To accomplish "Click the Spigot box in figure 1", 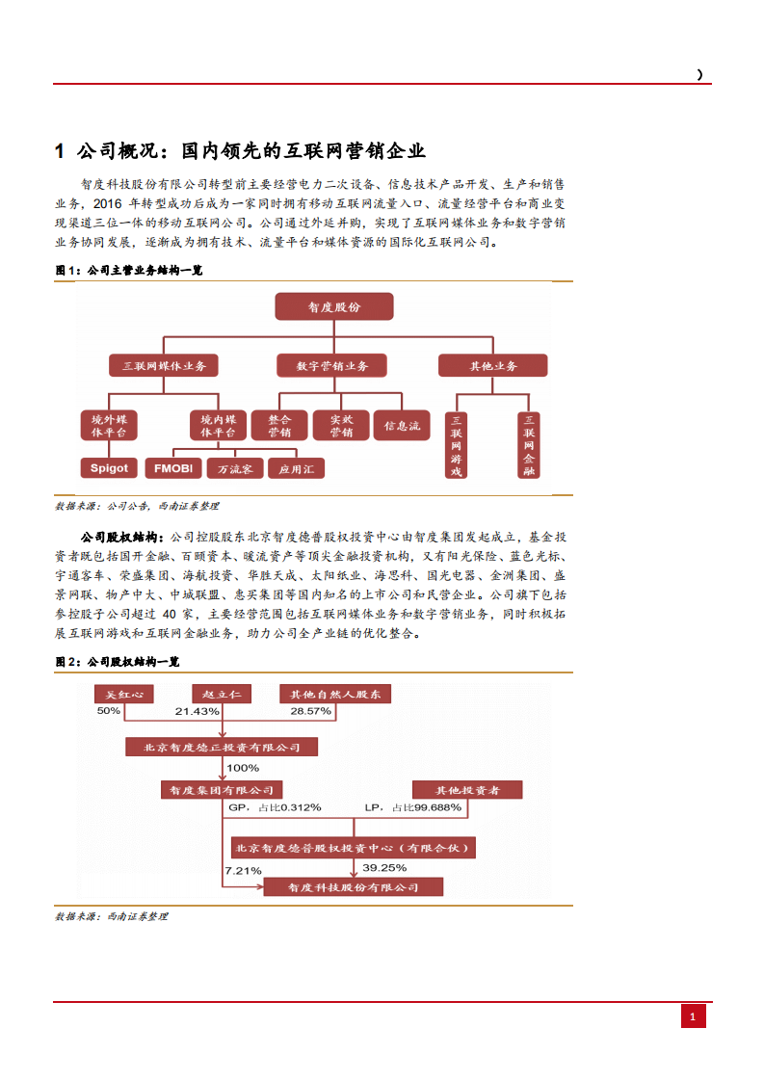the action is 109,468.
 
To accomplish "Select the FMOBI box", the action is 173,468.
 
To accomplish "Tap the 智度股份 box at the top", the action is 333,306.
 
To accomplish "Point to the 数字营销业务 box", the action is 332,366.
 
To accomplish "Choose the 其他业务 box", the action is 492,366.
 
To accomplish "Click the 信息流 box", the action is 402,425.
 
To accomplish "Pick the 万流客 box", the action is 234,469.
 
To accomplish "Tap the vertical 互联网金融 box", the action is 528,445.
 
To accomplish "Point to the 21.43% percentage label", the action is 198,711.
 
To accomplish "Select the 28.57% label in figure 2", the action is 310,711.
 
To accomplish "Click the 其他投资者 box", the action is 467,790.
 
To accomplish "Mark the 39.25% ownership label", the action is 384,868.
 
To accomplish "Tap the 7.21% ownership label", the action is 243,870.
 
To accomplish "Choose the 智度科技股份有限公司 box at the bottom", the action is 354,887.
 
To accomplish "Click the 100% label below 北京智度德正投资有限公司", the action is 242,768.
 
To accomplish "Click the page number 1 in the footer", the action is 694,1016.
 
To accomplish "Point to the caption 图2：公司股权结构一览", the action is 117,662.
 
